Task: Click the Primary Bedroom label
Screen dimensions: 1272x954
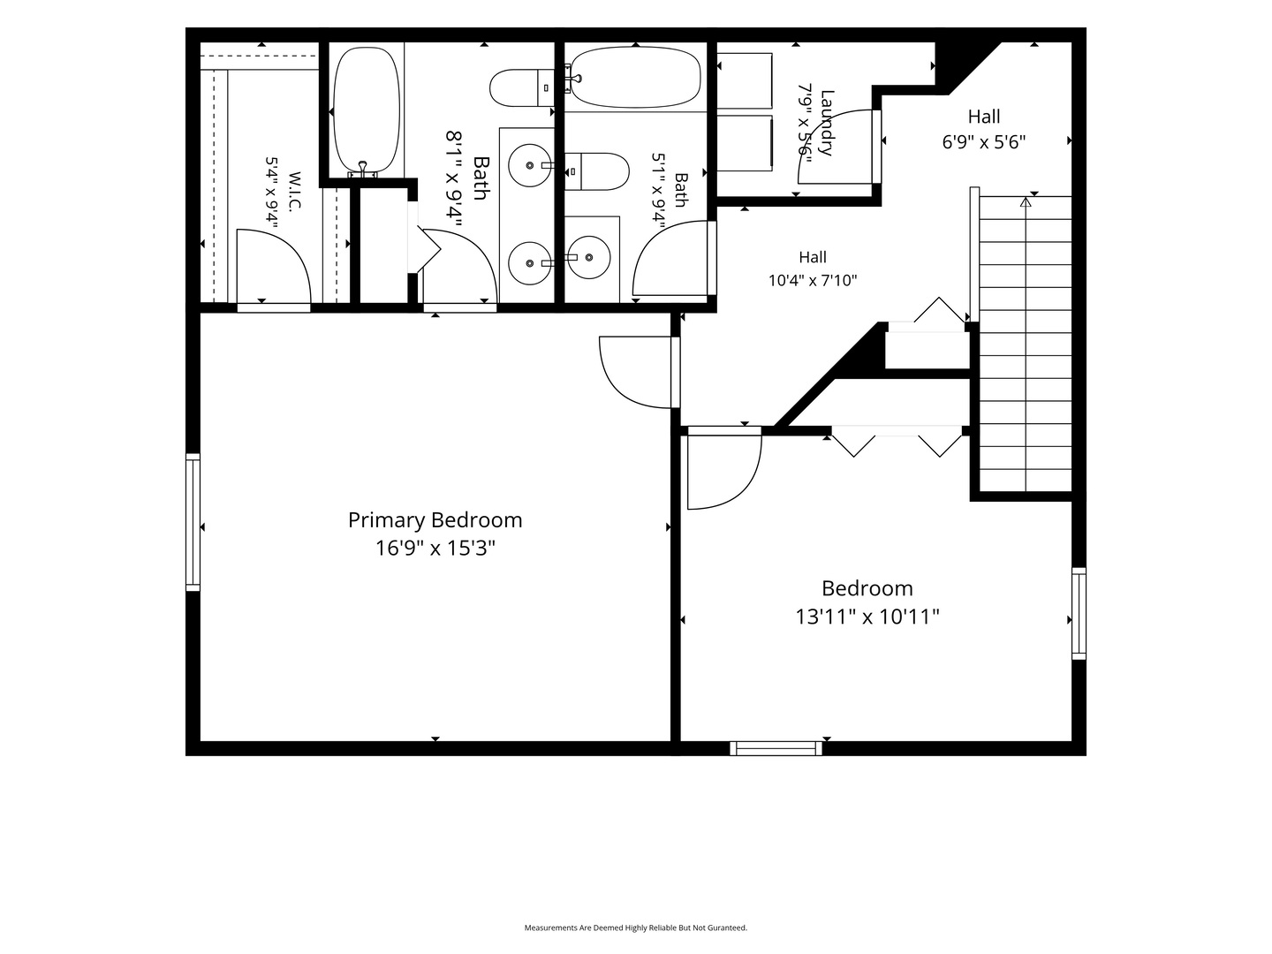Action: pos(435,520)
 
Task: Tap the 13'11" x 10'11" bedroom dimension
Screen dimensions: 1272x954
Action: pos(867,617)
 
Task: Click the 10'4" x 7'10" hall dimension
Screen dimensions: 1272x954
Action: pos(813,280)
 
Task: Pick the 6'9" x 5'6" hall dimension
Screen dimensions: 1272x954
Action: pos(983,142)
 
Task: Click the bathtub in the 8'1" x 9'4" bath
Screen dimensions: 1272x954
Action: pos(367,111)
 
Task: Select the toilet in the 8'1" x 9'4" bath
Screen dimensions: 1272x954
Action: pos(522,88)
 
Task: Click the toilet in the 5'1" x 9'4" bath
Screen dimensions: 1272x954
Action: pos(597,171)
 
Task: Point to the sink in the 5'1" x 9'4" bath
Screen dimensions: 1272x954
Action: pos(589,257)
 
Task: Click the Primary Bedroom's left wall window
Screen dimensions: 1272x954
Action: pos(193,522)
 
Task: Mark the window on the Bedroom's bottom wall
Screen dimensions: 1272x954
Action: pos(776,748)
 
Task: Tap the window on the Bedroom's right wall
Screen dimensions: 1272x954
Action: pos(1079,613)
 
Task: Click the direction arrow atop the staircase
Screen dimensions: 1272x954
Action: pos(1026,202)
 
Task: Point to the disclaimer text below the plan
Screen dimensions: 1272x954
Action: pos(636,927)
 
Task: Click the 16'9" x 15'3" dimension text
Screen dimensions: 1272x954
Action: pos(435,548)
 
